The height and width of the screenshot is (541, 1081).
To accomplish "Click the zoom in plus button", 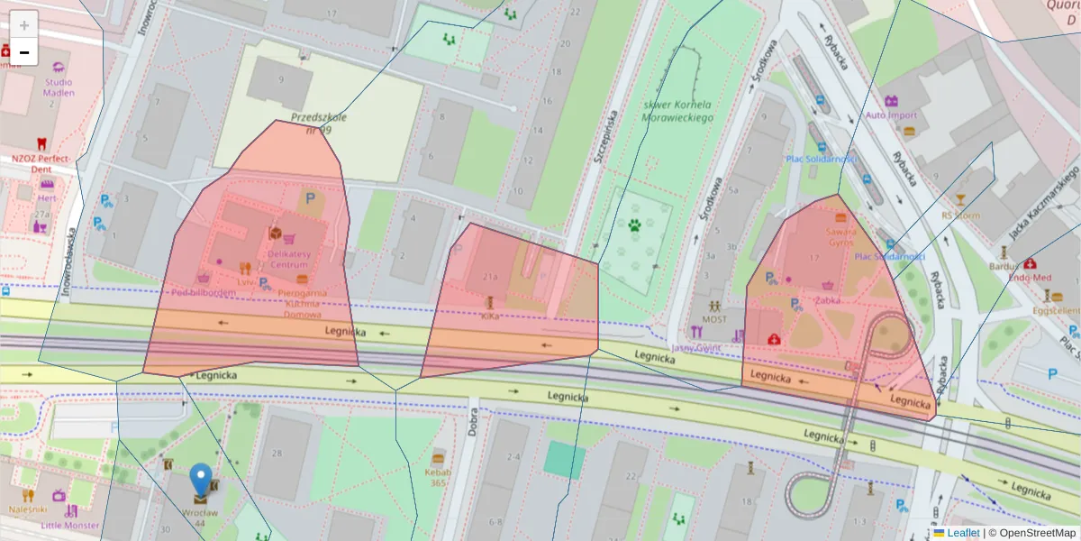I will (24, 25).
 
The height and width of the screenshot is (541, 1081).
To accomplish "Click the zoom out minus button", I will (24, 52).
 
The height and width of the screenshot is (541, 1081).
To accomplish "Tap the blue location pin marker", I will (201, 480).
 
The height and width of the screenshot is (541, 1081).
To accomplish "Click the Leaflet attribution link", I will (963, 533).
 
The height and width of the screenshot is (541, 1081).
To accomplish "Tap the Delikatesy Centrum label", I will (289, 259).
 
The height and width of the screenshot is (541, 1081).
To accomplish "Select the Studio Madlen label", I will (59, 87).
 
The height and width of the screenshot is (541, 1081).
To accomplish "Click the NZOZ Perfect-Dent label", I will (41, 163).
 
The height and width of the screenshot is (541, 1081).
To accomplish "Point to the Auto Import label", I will (891, 115).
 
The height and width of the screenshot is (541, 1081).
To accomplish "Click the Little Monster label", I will (69, 525).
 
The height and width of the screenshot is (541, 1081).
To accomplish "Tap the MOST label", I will (714, 319).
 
